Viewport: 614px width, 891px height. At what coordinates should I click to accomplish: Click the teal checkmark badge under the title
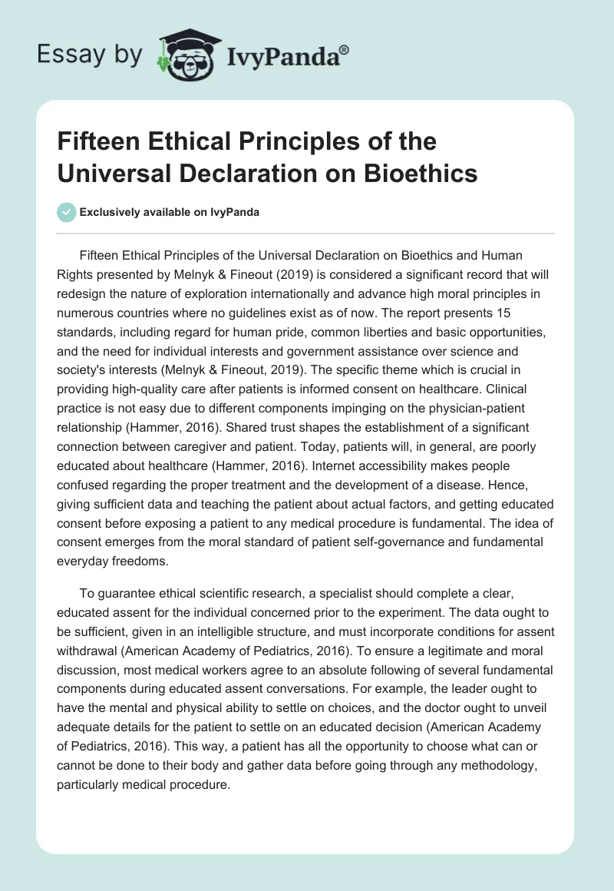click(67, 212)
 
